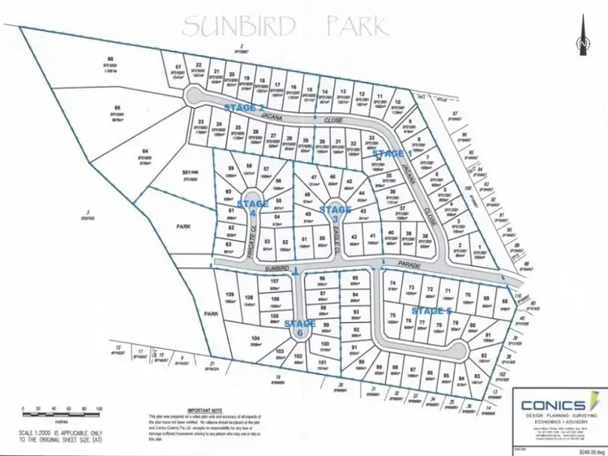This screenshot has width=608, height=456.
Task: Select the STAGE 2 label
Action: pos(243,108)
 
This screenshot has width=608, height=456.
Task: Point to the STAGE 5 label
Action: pos(431,311)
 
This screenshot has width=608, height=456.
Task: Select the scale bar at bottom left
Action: pos(61,409)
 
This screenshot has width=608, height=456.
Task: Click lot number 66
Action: pos(111,59)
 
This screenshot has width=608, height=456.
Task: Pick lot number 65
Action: pos(118,108)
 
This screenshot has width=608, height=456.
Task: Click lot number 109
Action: pos(229,294)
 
